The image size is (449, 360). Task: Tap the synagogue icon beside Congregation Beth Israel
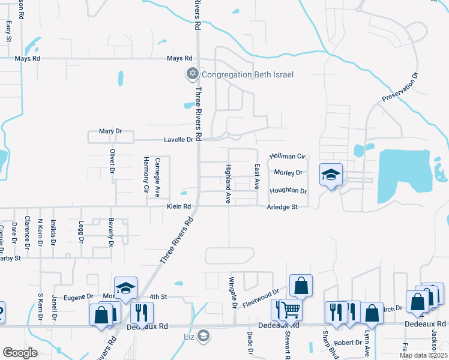192,74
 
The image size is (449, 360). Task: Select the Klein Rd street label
178,206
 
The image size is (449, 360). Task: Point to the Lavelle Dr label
178,140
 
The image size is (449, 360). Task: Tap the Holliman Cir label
288,156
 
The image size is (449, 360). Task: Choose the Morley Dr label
288,173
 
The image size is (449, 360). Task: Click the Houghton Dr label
288,191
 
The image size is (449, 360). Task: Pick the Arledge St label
282,207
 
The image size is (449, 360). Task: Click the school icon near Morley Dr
331,175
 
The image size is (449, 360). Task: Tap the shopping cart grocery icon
290,310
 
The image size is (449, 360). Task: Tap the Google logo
20,352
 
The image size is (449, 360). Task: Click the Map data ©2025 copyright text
423,355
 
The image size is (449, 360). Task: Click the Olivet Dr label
112,161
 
